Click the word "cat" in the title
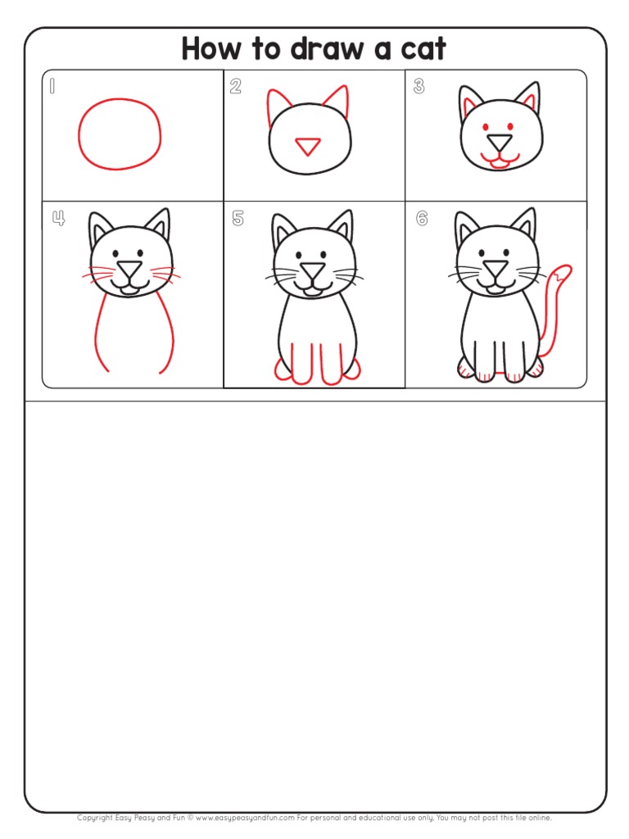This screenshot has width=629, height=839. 419,49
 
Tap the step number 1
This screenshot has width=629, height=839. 52,86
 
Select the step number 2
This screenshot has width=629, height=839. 236,87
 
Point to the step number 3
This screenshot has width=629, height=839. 419,87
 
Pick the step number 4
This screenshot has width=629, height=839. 57,218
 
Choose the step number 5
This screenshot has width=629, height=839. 238,218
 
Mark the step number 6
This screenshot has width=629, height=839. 421,218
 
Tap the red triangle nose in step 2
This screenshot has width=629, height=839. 308,147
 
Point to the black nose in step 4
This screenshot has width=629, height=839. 128,270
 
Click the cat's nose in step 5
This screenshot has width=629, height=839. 311,270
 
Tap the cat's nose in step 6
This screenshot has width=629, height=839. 495,270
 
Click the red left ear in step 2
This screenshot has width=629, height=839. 274,107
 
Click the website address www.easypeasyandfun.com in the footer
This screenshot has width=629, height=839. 245,818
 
